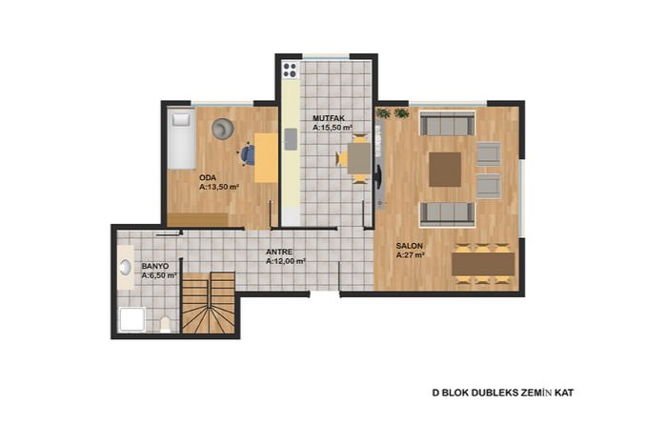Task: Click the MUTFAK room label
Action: tap(329, 118)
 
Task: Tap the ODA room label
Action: tap(208, 178)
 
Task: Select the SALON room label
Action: tap(410, 246)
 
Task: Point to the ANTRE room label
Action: tap(279, 252)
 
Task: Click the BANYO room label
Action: tap(155, 266)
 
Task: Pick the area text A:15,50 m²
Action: tap(333, 128)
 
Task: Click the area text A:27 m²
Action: tap(411, 255)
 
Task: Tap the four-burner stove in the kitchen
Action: tap(290, 71)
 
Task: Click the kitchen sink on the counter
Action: tap(291, 139)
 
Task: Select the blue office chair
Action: tap(247, 154)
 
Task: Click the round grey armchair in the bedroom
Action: tap(223, 129)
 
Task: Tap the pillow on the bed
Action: tap(181, 119)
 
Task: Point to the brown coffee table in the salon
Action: tap(445, 170)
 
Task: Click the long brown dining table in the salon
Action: tap(483, 264)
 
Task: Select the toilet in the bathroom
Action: tap(165, 325)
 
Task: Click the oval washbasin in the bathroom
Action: tap(125, 268)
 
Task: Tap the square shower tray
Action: tap(131, 320)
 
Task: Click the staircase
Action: tap(209, 303)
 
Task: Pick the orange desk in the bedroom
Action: tap(266, 158)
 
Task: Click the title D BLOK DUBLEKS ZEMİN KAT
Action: tap(503, 393)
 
